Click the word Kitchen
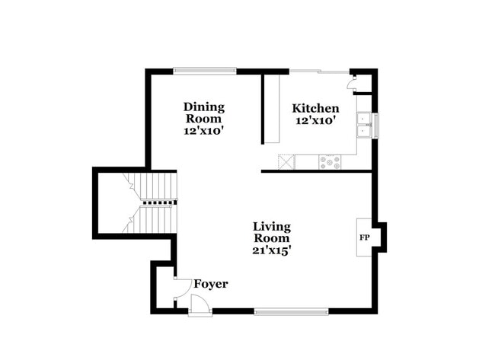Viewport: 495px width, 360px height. point(316,108)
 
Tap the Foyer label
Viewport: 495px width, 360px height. point(211,284)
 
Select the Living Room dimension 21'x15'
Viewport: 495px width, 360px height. point(272,248)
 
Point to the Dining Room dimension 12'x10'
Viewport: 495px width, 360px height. point(203,130)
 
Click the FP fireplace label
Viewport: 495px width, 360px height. point(365,237)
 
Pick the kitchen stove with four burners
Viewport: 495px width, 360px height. point(331,161)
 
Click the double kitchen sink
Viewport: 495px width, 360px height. point(365,125)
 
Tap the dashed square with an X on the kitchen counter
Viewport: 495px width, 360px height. point(286,161)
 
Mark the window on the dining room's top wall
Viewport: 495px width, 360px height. point(204,71)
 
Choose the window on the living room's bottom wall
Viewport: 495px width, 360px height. point(291,311)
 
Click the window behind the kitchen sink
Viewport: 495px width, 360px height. point(375,125)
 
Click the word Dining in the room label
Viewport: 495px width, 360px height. point(203,107)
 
